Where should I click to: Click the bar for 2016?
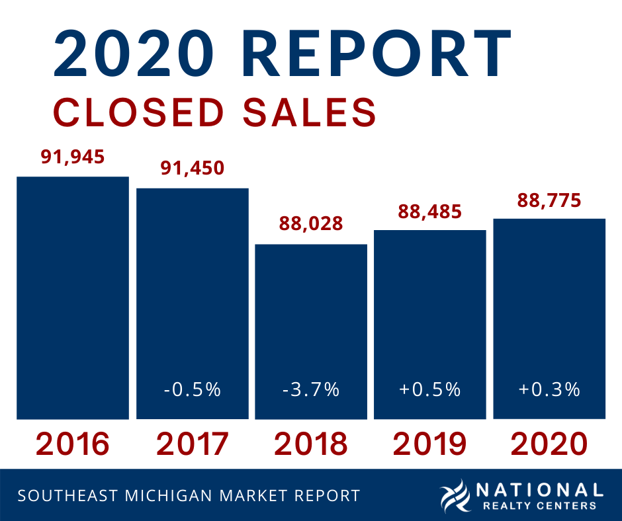[x=73, y=298]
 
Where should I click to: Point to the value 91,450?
[x=192, y=167]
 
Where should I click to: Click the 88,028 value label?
[x=311, y=223]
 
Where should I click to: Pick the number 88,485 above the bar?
[x=429, y=212]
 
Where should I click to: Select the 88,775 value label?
[x=549, y=200]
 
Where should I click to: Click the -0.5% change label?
[x=192, y=389]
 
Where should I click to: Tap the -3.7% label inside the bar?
[x=311, y=389]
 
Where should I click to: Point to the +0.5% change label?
[x=429, y=389]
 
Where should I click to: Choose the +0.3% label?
[x=549, y=389]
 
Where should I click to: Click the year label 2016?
[x=73, y=444]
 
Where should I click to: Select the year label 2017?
[x=192, y=444]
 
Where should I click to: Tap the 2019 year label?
[x=429, y=444]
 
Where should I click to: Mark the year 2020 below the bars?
[x=549, y=444]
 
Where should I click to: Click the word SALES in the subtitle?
[x=310, y=112]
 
